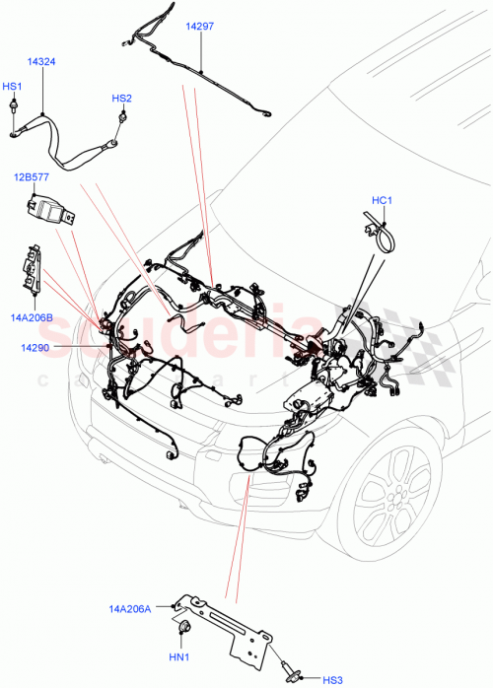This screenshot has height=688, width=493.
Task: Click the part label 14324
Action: pos(40,61)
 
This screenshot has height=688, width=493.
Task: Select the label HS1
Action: pos(13,87)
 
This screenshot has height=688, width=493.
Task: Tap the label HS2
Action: pos(121,99)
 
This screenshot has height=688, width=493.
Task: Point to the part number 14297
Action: pos(200,28)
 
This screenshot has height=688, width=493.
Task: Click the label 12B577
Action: pos(31,177)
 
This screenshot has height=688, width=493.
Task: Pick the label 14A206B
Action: pos(32,317)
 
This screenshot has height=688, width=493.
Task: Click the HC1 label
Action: pos(383,201)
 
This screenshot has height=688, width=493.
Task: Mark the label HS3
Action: pos(333,679)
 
